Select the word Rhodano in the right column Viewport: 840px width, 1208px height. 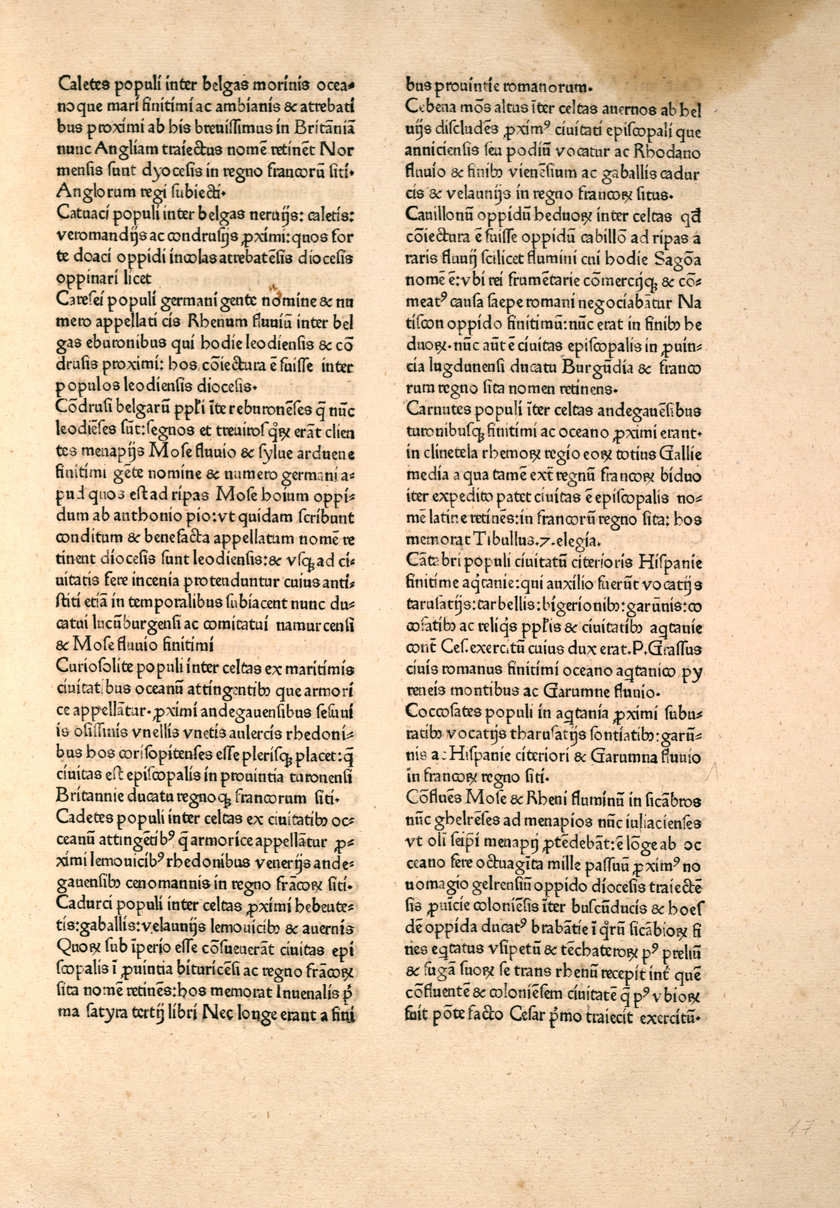click(669, 152)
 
